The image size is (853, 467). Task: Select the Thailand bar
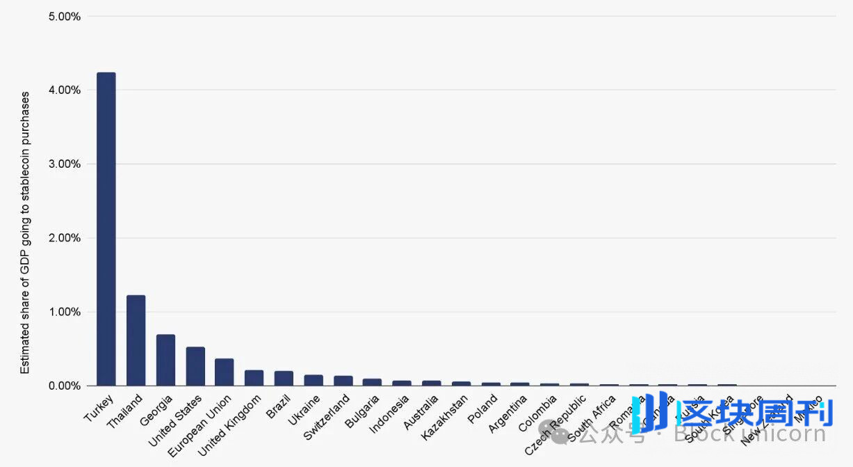[x=136, y=340]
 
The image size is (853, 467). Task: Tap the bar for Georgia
[x=165, y=360]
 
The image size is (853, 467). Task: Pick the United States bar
[x=195, y=366]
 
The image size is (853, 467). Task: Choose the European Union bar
[x=225, y=372]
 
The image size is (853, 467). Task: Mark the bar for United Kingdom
[x=254, y=378]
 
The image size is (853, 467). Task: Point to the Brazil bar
[x=284, y=379]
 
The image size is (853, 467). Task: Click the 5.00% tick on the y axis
[x=65, y=16]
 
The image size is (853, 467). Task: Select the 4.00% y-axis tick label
[x=65, y=90]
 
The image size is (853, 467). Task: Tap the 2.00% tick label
[x=65, y=238]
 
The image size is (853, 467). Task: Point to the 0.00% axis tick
[x=65, y=386]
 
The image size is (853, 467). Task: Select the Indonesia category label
[x=389, y=415]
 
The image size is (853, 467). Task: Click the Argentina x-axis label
[x=509, y=415]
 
